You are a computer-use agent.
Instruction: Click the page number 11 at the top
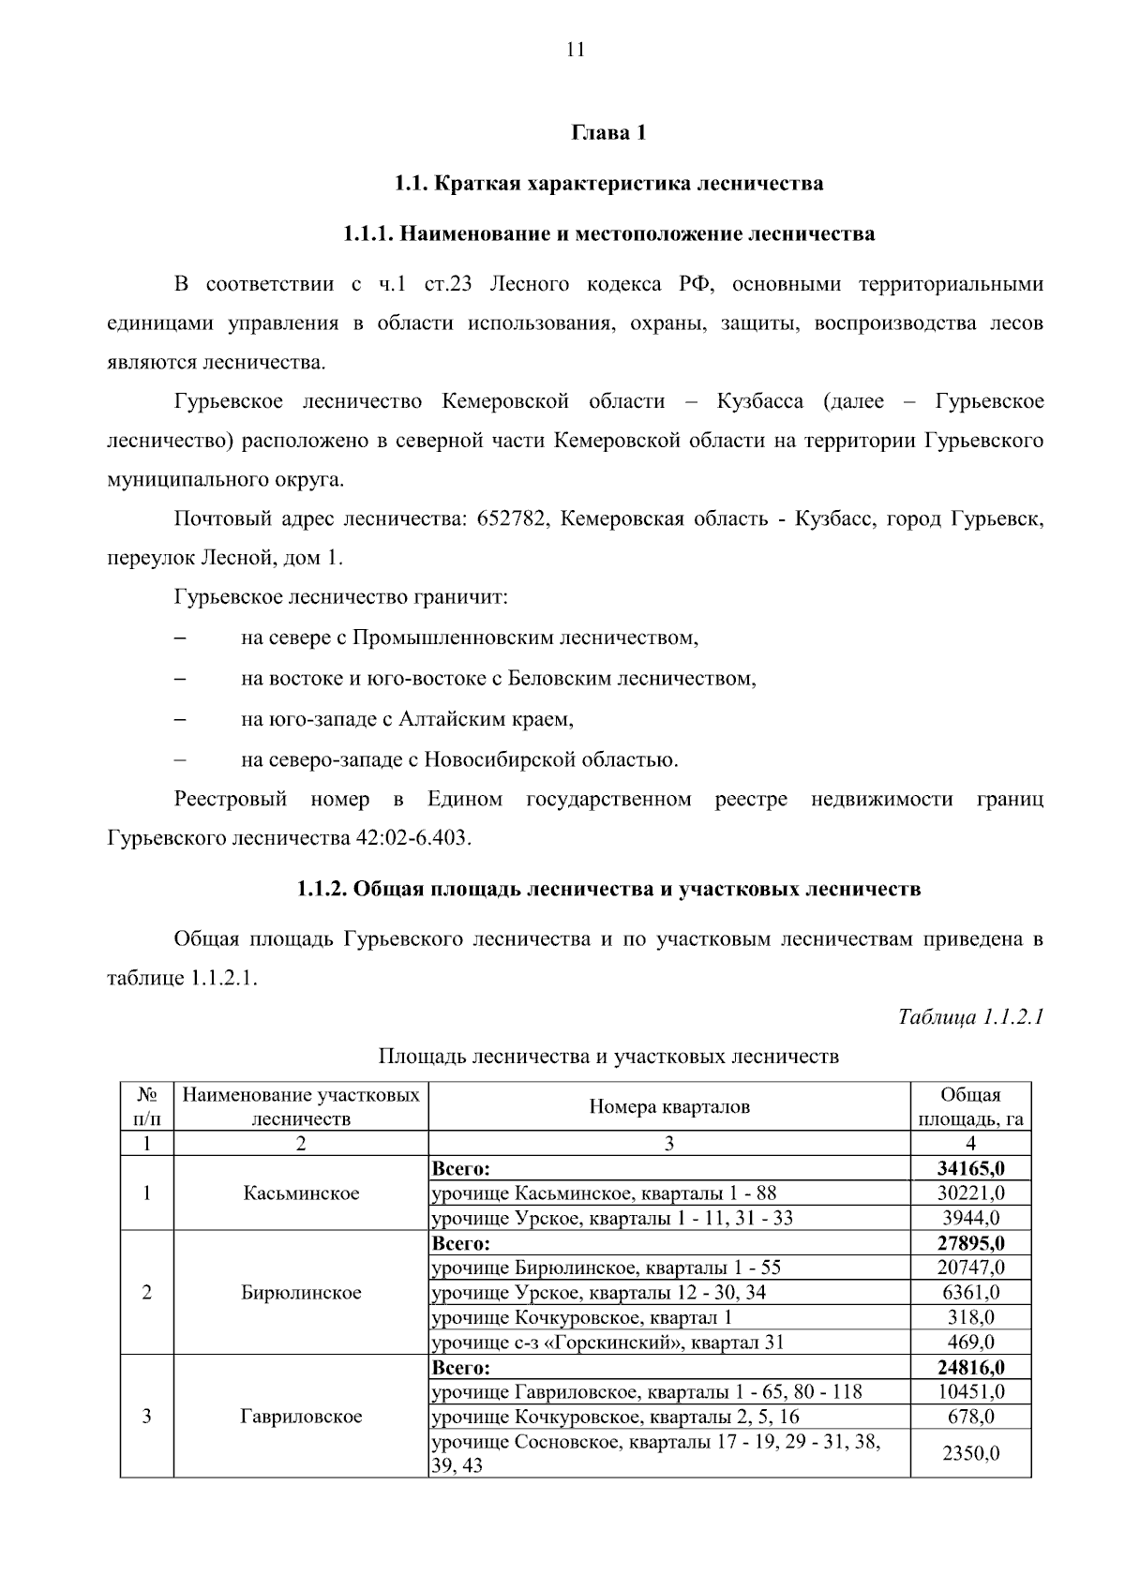pyautogui.click(x=576, y=51)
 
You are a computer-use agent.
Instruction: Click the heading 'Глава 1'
pyautogui.click(x=608, y=133)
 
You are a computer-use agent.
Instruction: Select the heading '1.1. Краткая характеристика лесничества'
pyautogui.click(x=608, y=184)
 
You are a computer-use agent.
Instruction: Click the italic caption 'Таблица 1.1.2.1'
pyautogui.click(x=970, y=1017)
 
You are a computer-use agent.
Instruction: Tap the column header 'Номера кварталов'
pyautogui.click(x=668, y=1107)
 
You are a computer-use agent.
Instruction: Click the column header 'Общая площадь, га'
pyautogui.click(x=970, y=1107)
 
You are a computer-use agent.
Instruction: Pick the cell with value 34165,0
pyautogui.click(x=970, y=1169)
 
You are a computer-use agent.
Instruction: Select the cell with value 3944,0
pyautogui.click(x=970, y=1218)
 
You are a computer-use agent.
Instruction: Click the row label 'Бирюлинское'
pyautogui.click(x=301, y=1293)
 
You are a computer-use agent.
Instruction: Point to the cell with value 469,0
pyautogui.click(x=970, y=1342)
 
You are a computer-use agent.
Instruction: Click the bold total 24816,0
pyautogui.click(x=970, y=1367)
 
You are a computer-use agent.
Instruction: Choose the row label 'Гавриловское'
pyautogui.click(x=301, y=1417)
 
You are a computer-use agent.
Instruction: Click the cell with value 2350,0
pyautogui.click(x=970, y=1453)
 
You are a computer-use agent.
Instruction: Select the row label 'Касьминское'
pyautogui.click(x=301, y=1193)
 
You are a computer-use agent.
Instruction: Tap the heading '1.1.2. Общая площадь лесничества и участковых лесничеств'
pyautogui.click(x=608, y=889)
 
